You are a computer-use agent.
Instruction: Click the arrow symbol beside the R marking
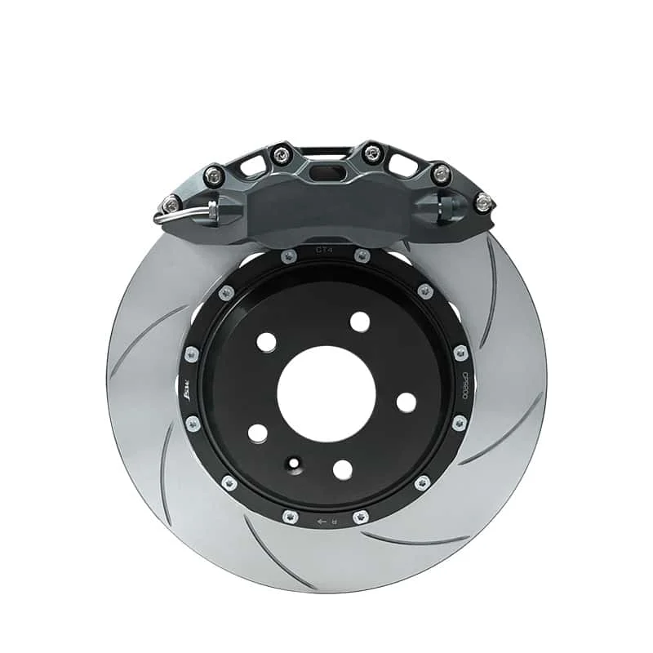tap(322, 519)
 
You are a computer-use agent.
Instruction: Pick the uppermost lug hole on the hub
tap(359, 322)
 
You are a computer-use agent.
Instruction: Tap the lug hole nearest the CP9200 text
tap(406, 402)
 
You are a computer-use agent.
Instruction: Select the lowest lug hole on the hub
tap(343, 469)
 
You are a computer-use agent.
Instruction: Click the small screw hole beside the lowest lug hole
tap(292, 463)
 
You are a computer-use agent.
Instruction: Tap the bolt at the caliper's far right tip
tap(484, 201)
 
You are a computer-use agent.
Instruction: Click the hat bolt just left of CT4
tap(289, 256)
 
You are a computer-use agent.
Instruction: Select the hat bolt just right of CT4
tap(361, 256)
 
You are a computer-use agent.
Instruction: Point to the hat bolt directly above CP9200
tap(460, 353)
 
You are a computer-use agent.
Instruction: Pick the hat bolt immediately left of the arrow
tap(291, 516)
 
